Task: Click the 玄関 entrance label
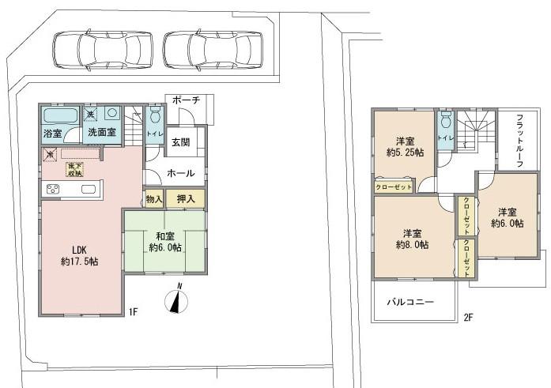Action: pyautogui.click(x=181, y=142)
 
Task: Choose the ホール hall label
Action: pyautogui.click(x=181, y=172)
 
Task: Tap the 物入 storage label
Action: pyautogui.click(x=153, y=198)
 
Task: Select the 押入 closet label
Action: pyautogui.click(x=187, y=198)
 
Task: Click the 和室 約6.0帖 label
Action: pyautogui.click(x=165, y=241)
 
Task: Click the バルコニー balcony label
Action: pyautogui.click(x=409, y=301)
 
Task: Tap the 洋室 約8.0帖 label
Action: pyautogui.click(x=411, y=239)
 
